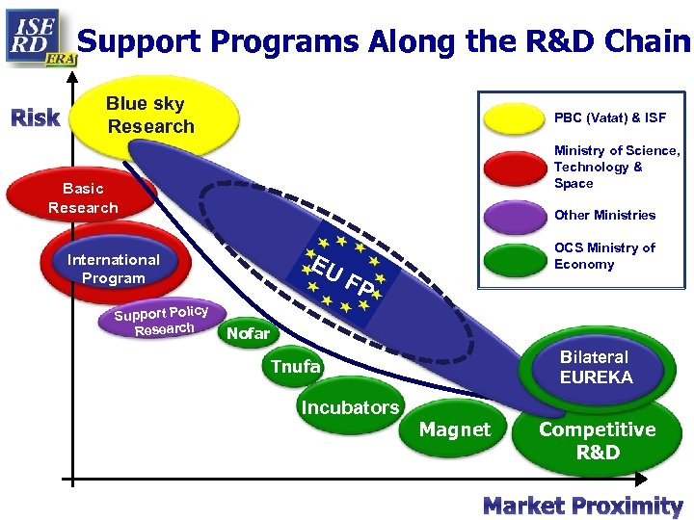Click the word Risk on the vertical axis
(36, 118)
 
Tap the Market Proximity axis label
(582, 506)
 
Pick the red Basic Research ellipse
(83, 198)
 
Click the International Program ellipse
(114, 269)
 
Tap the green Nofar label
(249, 334)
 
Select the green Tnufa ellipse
(296, 367)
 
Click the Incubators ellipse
(350, 407)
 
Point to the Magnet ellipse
(455, 429)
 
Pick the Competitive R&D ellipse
(598, 441)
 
